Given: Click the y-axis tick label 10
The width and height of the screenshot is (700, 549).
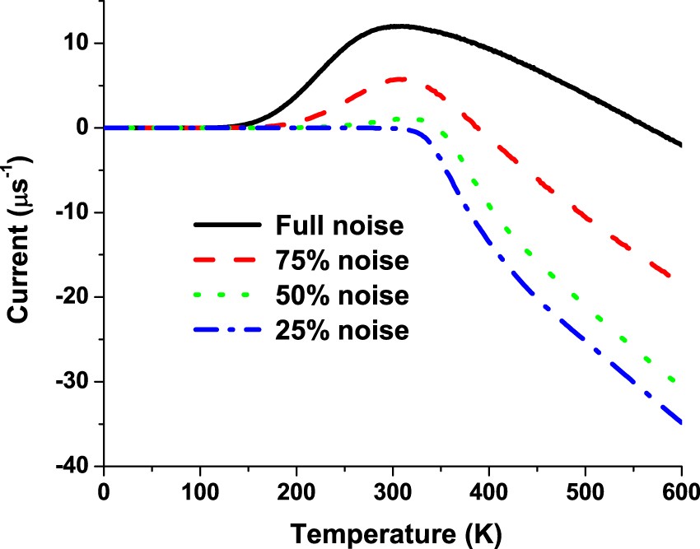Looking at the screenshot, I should (x=77, y=43).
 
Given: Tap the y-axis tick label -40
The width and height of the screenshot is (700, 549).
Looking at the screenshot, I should (x=72, y=466).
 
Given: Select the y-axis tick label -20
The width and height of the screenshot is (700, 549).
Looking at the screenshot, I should (x=72, y=297).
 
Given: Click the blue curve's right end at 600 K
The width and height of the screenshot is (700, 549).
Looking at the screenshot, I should (x=681, y=422).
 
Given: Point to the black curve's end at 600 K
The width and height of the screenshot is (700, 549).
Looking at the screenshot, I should (x=681, y=145).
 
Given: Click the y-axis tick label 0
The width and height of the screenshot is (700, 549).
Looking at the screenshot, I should (x=85, y=128).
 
